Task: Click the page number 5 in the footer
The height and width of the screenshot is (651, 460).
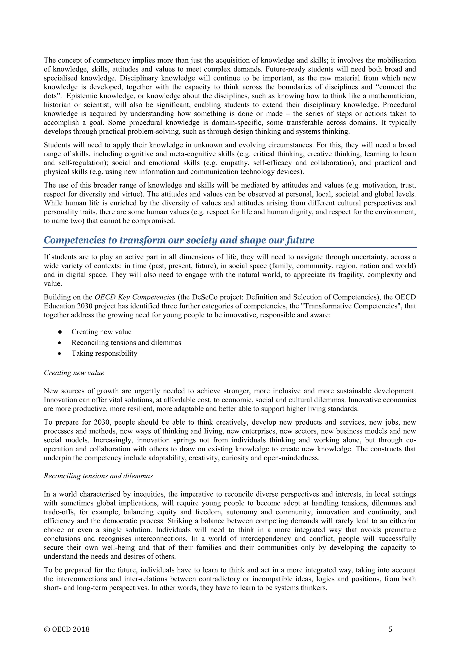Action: coord(390,629)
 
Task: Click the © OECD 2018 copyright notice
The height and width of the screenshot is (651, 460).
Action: coord(66,629)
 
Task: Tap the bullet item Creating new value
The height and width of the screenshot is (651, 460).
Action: coord(101,332)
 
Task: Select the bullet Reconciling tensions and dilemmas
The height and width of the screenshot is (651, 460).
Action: coord(126,343)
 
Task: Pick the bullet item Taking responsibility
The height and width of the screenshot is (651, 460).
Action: coord(104,353)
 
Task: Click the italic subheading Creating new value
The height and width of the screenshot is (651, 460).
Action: coord(74,372)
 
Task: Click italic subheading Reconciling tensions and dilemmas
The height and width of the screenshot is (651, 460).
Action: coord(98,476)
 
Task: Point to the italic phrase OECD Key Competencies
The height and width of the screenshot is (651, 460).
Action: coord(135,297)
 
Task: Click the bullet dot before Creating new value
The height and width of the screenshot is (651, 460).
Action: coord(60,332)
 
